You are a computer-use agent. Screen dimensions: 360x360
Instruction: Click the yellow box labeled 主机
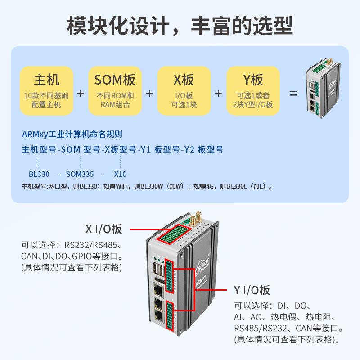coord(46,91)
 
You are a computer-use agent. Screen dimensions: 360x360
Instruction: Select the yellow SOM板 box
coord(115,91)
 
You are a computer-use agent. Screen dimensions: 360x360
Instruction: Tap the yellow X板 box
coord(184,91)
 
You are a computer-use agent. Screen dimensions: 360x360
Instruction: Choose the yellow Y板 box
coord(253,91)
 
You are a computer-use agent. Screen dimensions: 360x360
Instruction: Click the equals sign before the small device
coord(293,94)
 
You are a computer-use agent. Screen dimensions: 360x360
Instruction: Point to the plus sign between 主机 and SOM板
coord(81,94)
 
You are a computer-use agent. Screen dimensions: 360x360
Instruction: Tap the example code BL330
coord(39,174)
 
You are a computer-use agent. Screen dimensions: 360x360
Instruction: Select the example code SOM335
coord(80,174)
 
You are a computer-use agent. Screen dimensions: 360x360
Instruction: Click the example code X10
coord(121,174)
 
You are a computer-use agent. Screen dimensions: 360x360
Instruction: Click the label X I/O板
coord(104,229)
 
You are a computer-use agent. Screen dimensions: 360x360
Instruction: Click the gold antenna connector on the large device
coord(192,221)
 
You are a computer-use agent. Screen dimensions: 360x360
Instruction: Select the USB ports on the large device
coord(159,271)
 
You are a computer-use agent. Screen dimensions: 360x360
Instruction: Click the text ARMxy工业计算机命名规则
coord(72,134)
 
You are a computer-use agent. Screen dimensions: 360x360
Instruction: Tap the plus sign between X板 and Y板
coord(218,94)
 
